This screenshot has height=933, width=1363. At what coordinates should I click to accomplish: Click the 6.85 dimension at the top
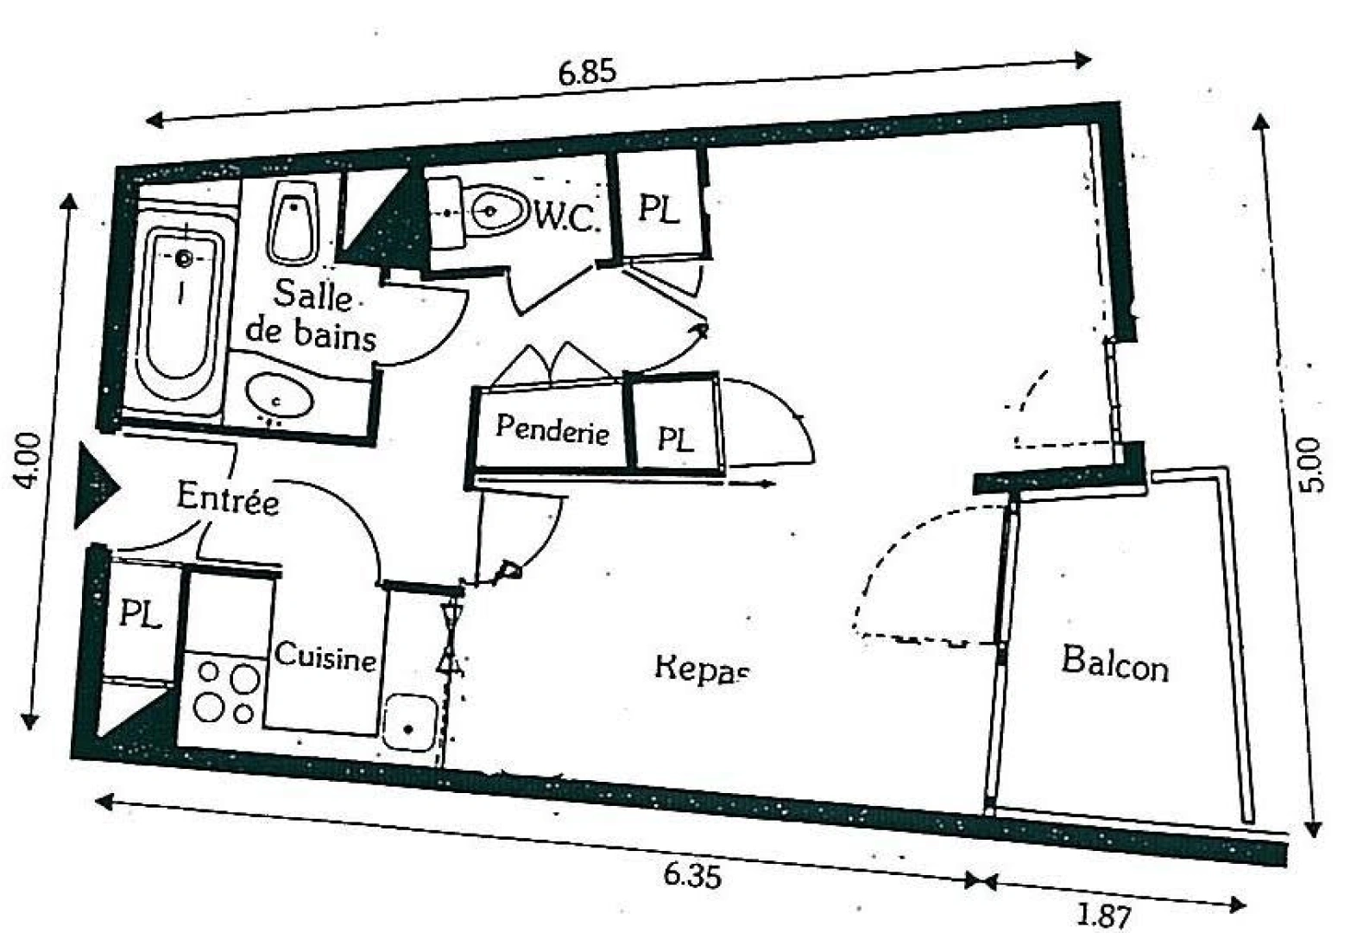coord(587,71)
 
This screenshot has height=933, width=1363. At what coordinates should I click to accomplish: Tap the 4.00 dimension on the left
coord(28,460)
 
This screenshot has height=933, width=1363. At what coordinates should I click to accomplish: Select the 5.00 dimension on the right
coord(1310,465)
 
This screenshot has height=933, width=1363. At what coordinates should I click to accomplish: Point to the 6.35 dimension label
coord(691,874)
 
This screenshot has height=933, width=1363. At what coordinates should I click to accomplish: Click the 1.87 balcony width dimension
coord(1103,915)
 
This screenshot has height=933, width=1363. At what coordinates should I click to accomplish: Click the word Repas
coord(701,669)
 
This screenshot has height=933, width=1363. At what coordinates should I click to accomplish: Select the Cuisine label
coord(325,657)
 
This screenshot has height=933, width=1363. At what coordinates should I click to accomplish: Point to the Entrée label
coord(228,498)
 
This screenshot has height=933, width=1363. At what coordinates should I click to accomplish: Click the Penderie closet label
coord(552,428)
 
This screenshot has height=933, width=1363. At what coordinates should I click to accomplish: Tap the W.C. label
coord(565,216)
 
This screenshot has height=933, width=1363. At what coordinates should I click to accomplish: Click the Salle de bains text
coord(312,314)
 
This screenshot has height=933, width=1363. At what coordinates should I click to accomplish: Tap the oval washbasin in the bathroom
coord(278,397)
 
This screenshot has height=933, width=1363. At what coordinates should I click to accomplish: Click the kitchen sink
coord(409,722)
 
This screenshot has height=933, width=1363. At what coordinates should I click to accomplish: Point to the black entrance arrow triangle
coord(93,486)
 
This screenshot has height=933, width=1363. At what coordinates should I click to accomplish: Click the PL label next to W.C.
coord(659,208)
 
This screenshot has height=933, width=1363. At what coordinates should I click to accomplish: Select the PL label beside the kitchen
coord(139,614)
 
